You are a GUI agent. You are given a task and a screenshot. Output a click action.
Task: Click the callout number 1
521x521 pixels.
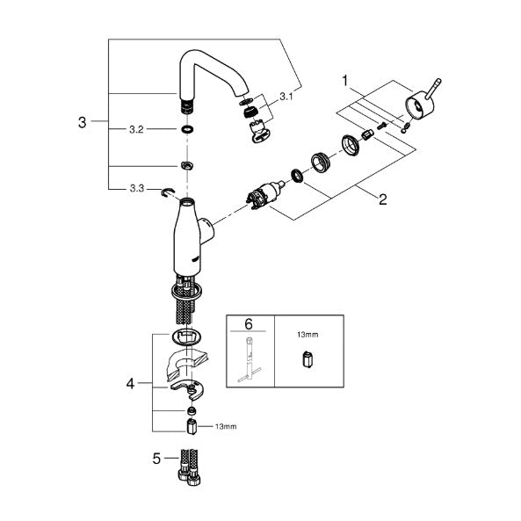(x=345, y=81)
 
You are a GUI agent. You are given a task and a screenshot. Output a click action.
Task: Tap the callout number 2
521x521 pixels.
(x=383, y=199)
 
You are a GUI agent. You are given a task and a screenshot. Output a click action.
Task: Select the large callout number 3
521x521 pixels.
(x=82, y=122)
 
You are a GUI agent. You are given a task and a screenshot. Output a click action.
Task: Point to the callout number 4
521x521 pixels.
(x=130, y=384)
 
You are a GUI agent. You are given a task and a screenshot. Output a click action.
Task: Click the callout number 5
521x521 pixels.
(x=156, y=459)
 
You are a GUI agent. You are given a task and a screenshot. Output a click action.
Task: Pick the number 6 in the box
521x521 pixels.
(x=249, y=323)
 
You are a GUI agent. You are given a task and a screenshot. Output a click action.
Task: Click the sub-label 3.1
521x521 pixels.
(x=286, y=97)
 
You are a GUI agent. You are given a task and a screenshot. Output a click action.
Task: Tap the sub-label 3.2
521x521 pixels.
(x=136, y=129)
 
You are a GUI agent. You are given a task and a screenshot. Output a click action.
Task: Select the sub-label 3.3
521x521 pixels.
(x=137, y=189)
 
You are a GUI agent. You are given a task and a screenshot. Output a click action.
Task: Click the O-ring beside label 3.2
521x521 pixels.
(x=188, y=129)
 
